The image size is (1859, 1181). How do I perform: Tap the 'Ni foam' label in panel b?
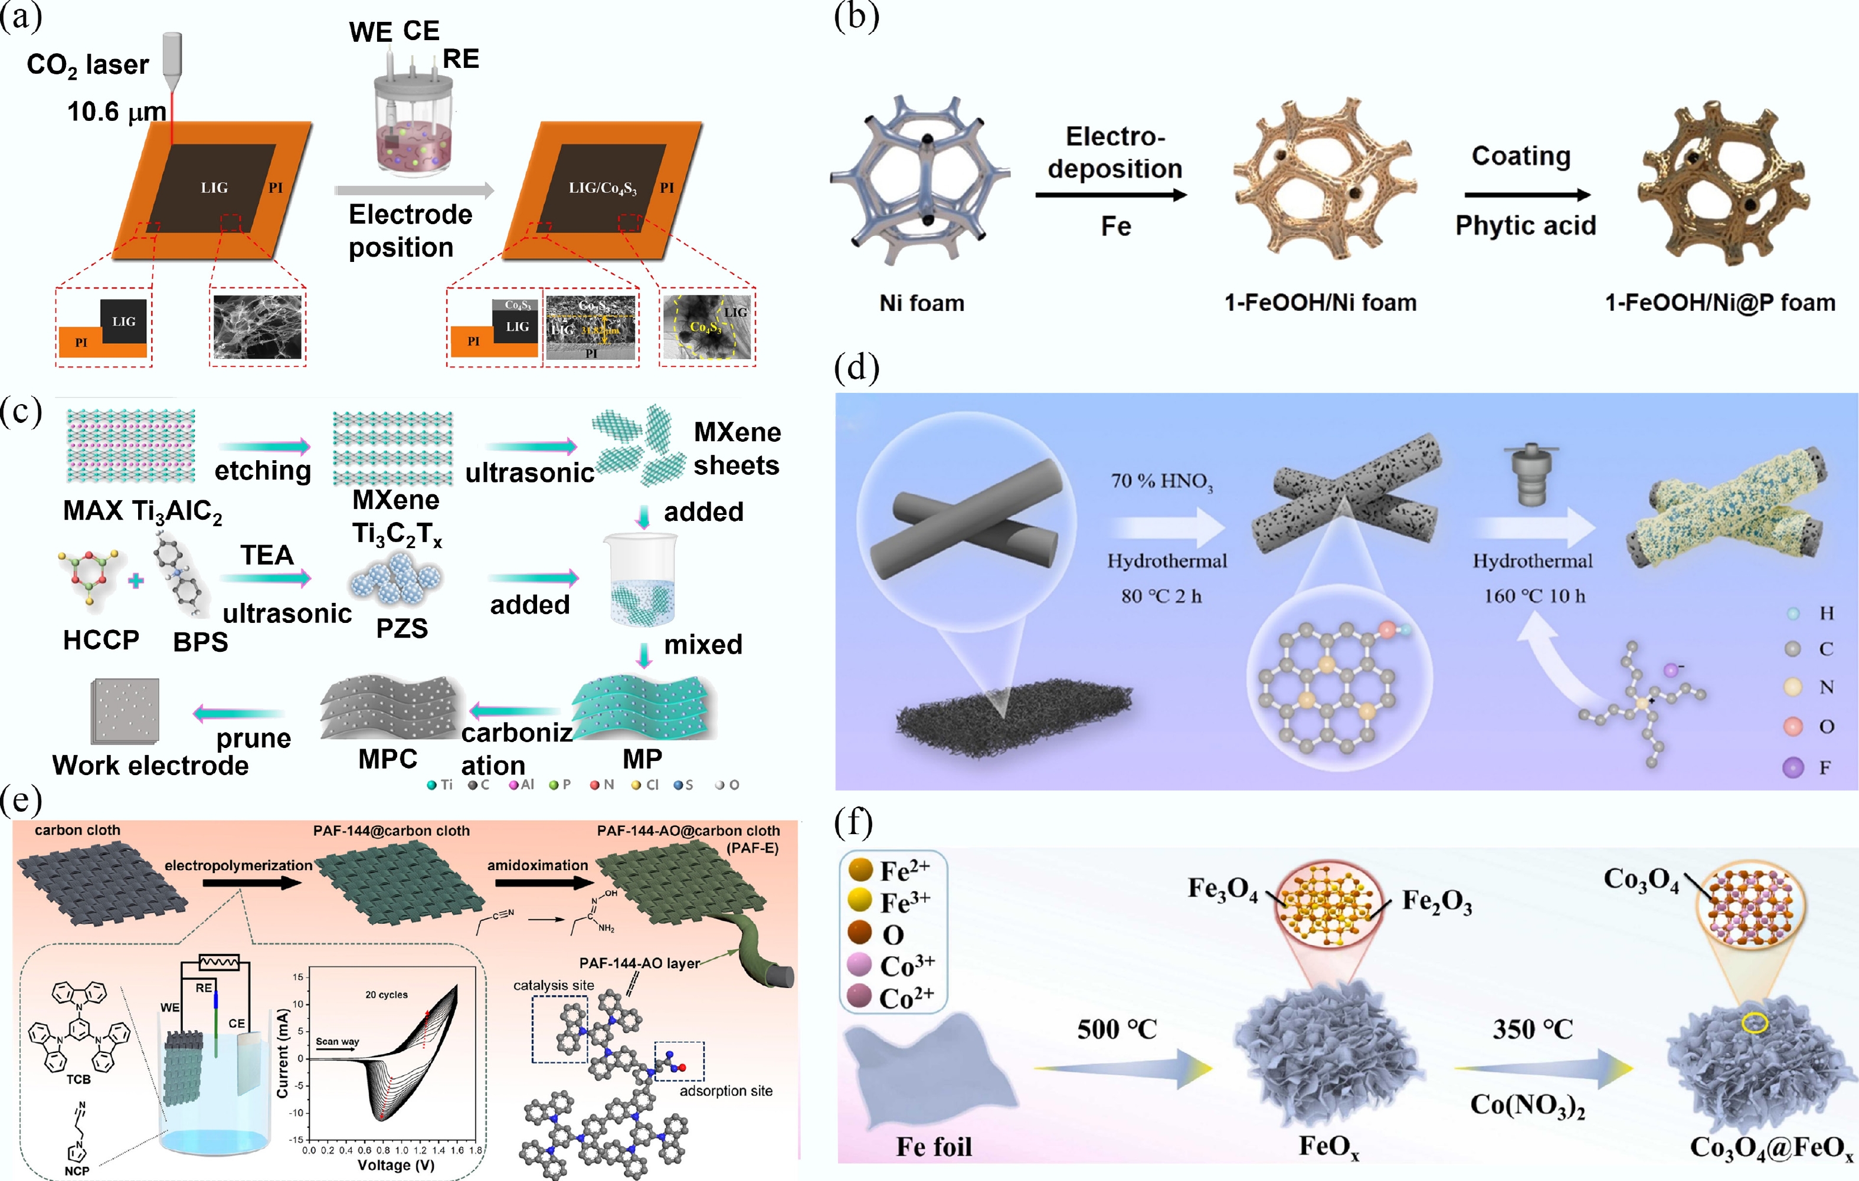coord(922,303)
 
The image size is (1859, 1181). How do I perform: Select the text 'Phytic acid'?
coord(1526,225)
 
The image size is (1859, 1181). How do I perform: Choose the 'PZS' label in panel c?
coord(401,628)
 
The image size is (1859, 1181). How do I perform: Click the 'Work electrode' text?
coord(150,766)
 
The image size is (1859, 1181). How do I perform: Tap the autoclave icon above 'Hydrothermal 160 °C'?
coord(1531,475)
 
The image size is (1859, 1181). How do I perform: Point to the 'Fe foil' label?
coord(934,1147)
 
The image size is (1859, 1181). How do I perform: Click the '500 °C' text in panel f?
coord(1117,1029)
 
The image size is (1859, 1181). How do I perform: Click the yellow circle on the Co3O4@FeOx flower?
coord(1755,1023)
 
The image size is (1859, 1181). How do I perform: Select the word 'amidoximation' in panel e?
coord(537,865)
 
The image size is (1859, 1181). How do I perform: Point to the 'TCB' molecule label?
coord(78,1079)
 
